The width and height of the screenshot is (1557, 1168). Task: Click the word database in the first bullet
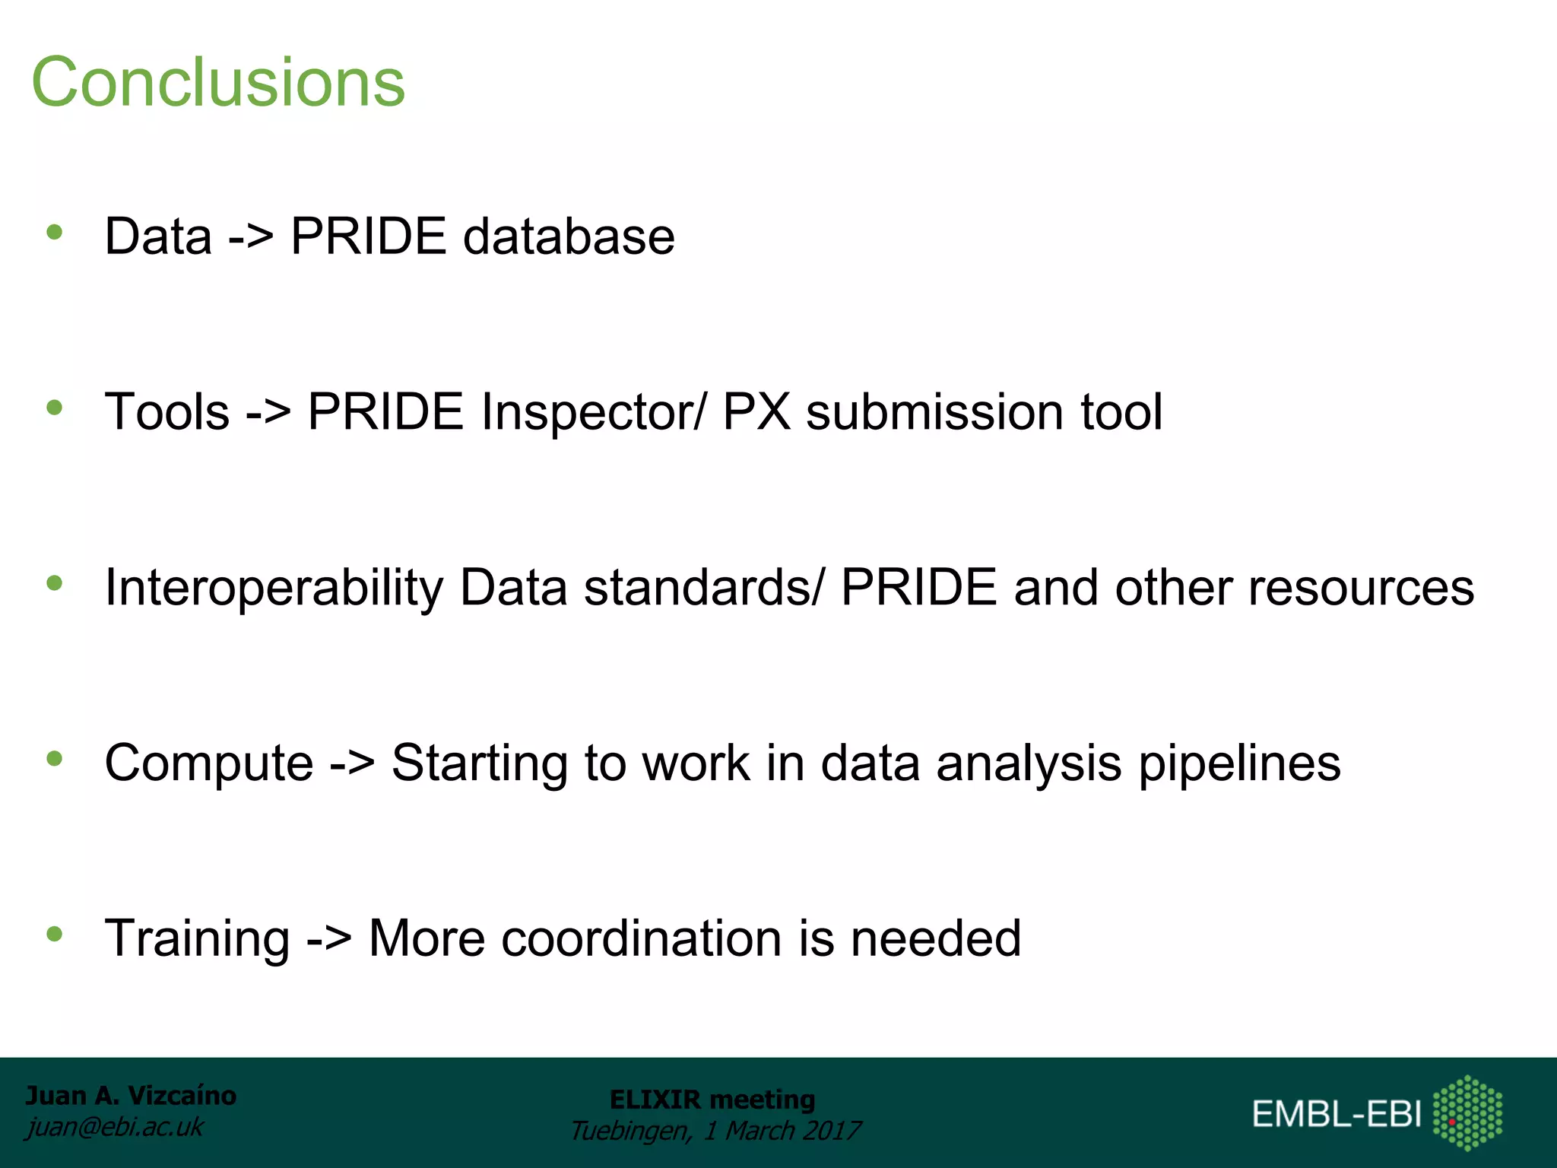(569, 236)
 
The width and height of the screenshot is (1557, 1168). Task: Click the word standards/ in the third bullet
(703, 588)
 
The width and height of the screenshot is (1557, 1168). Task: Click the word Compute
(209, 763)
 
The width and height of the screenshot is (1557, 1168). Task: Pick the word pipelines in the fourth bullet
(1239, 763)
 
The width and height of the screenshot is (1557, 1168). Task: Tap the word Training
(197, 939)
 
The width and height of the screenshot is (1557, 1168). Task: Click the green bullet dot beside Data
(54, 232)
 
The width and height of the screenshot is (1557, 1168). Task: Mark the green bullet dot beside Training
(54, 934)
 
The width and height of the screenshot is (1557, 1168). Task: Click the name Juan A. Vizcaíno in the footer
(131, 1096)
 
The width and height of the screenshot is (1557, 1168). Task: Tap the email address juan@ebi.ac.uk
(115, 1127)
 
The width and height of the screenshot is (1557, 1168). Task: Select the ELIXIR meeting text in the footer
(712, 1100)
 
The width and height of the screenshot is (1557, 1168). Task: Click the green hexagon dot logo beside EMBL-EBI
(1467, 1112)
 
